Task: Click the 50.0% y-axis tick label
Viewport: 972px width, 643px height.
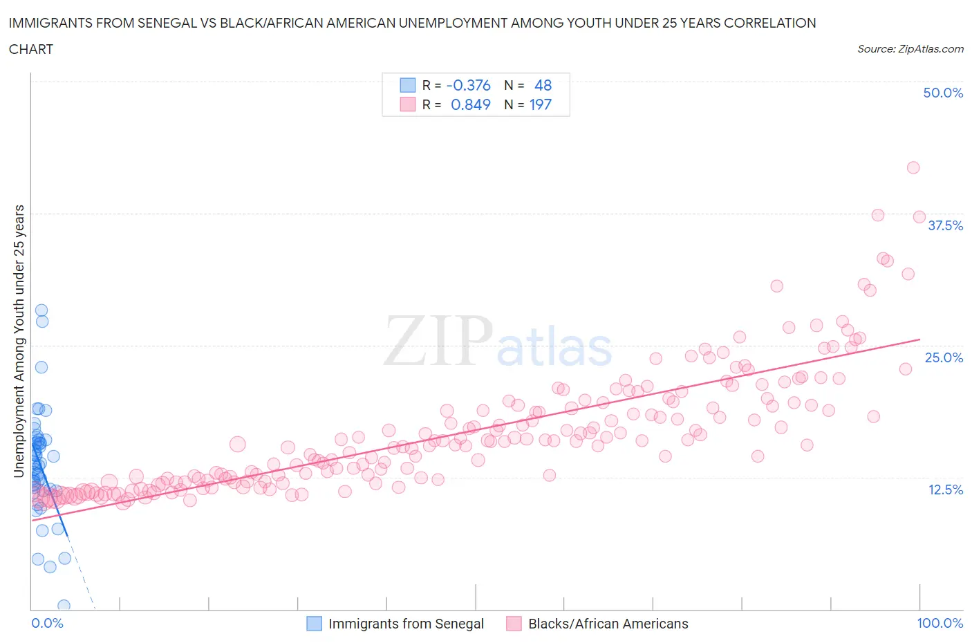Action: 942,93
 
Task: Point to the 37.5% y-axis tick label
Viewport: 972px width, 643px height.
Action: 944,225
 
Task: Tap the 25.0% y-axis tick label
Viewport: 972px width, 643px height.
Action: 944,357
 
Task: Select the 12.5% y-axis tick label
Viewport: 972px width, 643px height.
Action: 945,490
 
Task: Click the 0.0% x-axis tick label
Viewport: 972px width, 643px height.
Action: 47,623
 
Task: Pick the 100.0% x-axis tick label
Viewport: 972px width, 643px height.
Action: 940,623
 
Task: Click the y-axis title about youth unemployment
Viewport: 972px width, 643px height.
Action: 19,341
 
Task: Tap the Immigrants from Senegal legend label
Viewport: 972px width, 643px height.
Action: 406,624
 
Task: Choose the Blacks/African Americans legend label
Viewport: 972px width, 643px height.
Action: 608,624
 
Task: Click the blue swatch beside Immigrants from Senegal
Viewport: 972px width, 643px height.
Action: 314,624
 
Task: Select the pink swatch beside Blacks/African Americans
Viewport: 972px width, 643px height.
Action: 514,624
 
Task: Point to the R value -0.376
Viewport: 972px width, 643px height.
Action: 468,85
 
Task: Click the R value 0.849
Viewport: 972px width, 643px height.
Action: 470,104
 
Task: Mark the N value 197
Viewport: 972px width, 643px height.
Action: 540,104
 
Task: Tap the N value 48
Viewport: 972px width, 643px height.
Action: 543,85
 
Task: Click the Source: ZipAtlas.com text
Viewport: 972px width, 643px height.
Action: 910,48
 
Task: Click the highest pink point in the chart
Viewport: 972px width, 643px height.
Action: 913,167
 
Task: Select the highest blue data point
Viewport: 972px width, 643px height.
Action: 41,310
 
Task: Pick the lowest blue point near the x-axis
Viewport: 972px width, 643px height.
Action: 64,606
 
